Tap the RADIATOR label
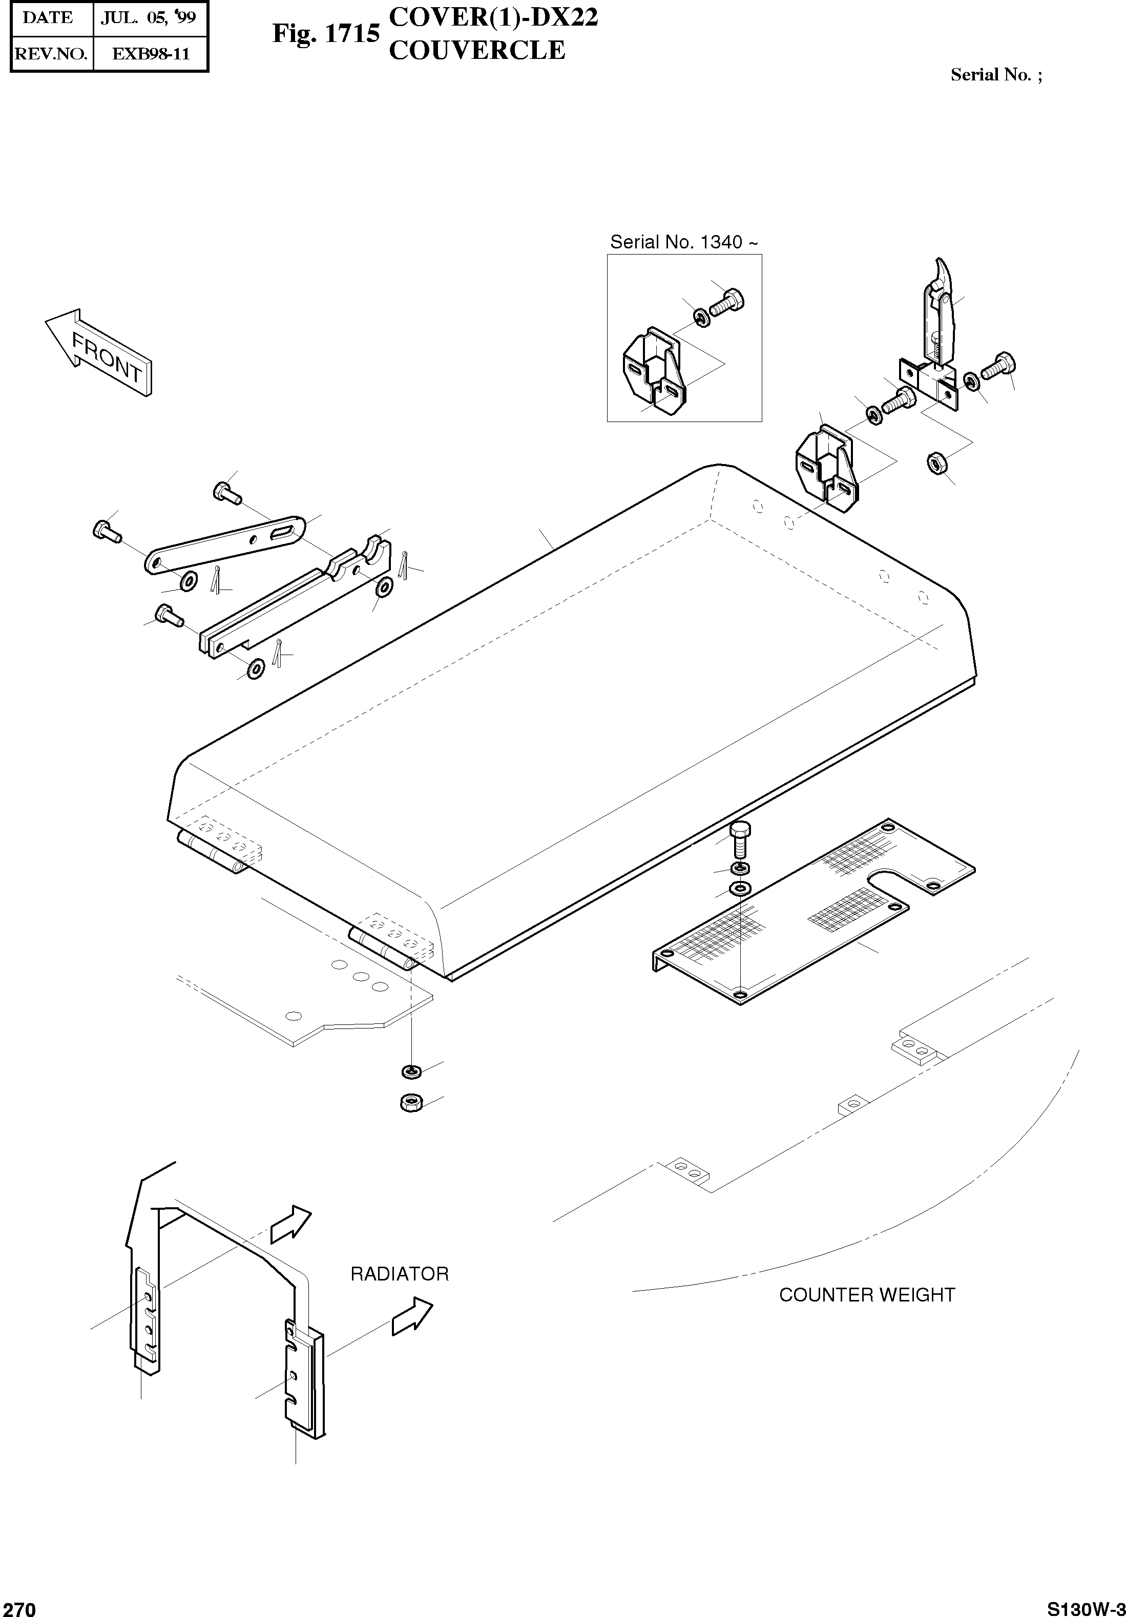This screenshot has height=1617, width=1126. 399,1274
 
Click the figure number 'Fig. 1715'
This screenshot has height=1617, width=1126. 326,33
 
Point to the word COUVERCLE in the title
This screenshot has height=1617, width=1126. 477,51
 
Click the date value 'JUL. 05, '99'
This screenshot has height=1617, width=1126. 148,18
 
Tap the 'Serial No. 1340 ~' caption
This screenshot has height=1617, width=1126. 684,242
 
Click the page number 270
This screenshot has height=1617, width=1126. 19,1608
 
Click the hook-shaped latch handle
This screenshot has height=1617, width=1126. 940,309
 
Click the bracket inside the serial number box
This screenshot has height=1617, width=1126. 653,370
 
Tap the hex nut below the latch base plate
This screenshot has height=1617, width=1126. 936,464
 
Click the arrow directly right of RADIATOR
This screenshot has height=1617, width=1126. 412,1315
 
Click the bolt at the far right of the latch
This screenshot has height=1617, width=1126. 999,365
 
